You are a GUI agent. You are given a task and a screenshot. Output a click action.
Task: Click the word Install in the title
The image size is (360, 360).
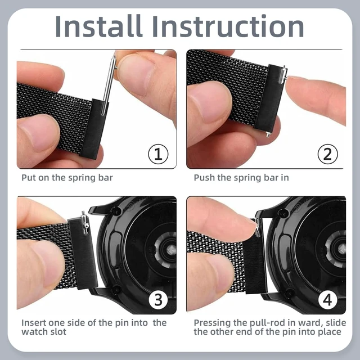point(98,26)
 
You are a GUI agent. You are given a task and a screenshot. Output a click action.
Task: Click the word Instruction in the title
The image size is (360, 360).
point(227,26)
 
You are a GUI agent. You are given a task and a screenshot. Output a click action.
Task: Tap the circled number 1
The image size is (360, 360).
point(158,154)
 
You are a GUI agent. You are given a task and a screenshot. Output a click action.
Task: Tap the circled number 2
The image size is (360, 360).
point(327,154)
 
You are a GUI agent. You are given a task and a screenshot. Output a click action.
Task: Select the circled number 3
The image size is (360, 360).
point(159,300)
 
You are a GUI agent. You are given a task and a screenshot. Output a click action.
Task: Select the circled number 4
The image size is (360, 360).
point(327,300)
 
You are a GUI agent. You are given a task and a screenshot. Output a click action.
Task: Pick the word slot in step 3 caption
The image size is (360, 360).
point(58,332)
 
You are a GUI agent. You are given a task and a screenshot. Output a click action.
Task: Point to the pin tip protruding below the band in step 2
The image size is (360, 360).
point(268,135)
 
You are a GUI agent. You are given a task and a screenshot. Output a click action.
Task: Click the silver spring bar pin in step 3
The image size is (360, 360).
point(85,223)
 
